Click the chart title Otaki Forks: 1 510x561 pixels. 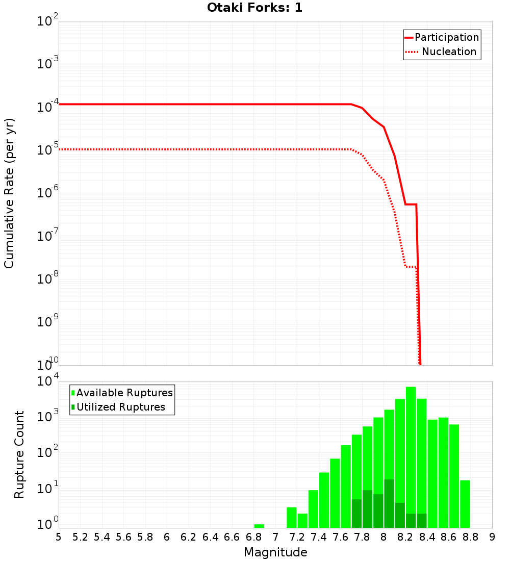254,8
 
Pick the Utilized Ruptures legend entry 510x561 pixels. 120,407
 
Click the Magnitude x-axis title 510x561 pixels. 275,552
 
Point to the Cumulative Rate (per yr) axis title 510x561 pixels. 9,193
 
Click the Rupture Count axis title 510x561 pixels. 19,454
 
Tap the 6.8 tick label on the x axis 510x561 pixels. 253,537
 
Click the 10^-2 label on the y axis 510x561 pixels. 49,21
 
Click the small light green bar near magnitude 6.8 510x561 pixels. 259,526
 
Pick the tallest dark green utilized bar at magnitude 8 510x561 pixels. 389,503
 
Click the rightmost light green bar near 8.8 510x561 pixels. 465,504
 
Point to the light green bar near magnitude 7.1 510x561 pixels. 291,517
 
